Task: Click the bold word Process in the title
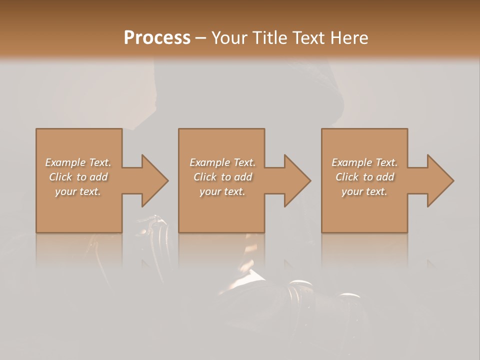click(x=157, y=38)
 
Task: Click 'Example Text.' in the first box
click(x=78, y=162)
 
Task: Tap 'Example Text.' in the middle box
click(x=222, y=162)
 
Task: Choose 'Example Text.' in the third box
click(x=364, y=162)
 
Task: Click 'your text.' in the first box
click(x=78, y=191)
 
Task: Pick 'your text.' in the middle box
click(x=222, y=191)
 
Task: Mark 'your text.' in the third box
click(x=364, y=191)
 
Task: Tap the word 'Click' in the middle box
click(x=205, y=177)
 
